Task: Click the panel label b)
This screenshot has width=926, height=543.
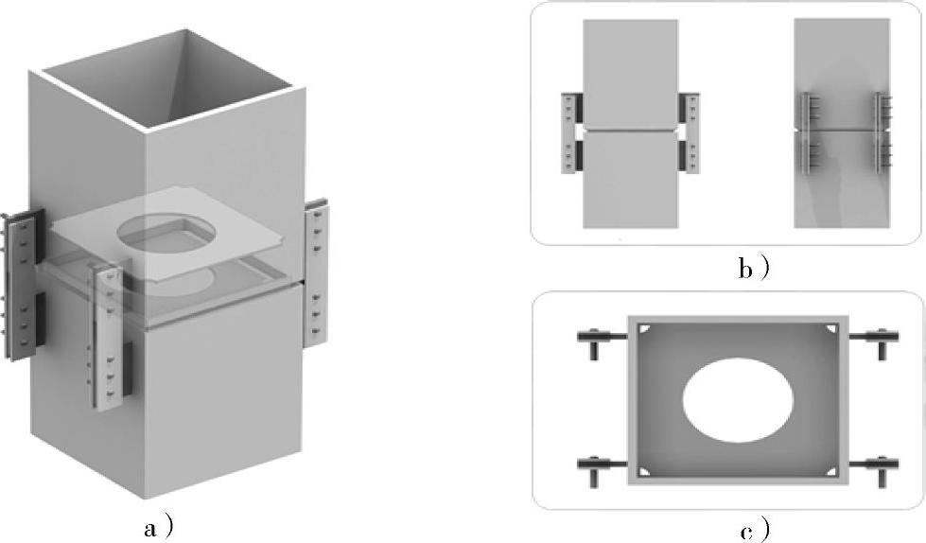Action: (x=754, y=269)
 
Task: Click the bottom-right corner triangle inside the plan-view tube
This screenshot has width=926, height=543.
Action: (x=832, y=471)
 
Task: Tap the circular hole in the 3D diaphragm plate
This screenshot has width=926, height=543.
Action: (x=166, y=235)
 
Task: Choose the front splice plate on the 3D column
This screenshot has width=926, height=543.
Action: (x=108, y=336)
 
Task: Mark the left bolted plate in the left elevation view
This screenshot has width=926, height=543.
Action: (x=570, y=133)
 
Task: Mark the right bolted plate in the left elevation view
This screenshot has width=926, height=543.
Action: (x=690, y=133)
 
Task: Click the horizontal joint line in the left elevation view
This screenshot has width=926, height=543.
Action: (x=630, y=130)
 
